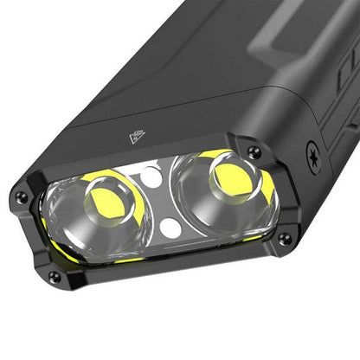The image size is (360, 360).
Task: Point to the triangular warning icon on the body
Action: (137, 136)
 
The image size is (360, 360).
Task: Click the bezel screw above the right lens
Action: (254, 152)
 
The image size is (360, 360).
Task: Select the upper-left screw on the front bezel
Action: (22, 196)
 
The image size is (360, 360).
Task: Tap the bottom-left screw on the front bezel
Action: (54, 277)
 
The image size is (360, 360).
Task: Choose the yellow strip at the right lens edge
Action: (268, 186)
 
